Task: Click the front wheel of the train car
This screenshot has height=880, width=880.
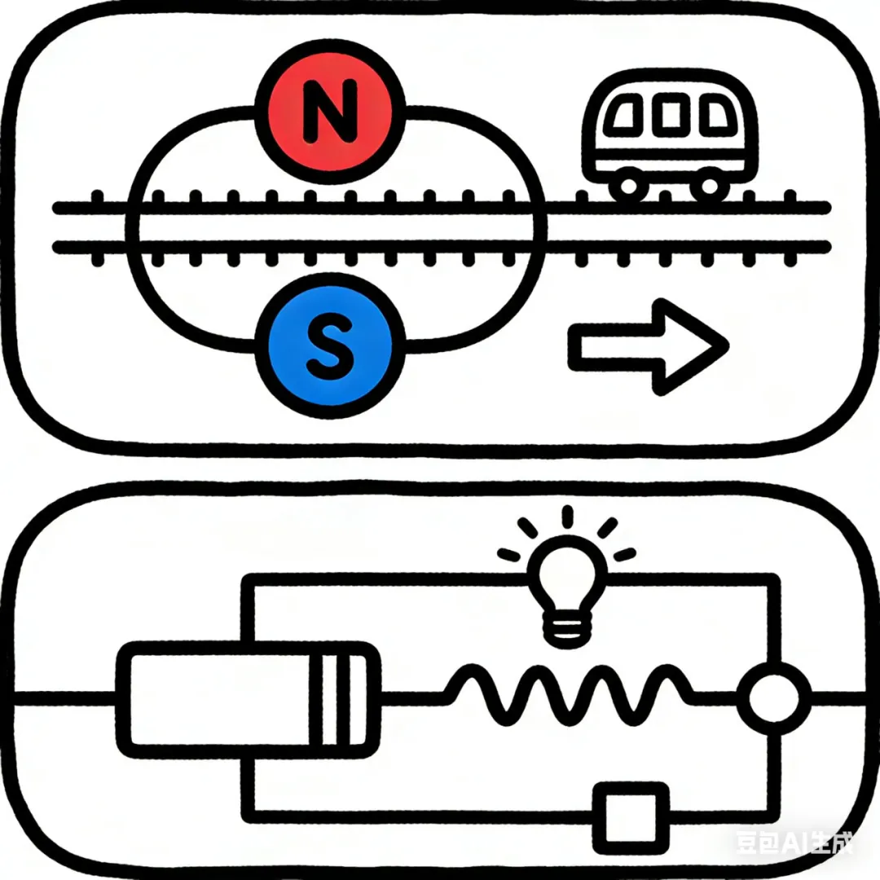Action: [x=706, y=186]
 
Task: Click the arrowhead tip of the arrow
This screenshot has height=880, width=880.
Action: [x=724, y=346]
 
